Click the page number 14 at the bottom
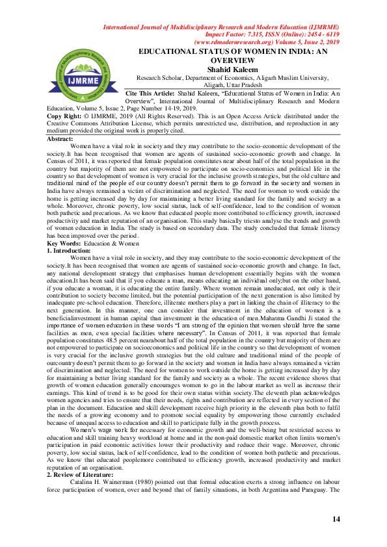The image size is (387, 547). click(336, 518)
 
